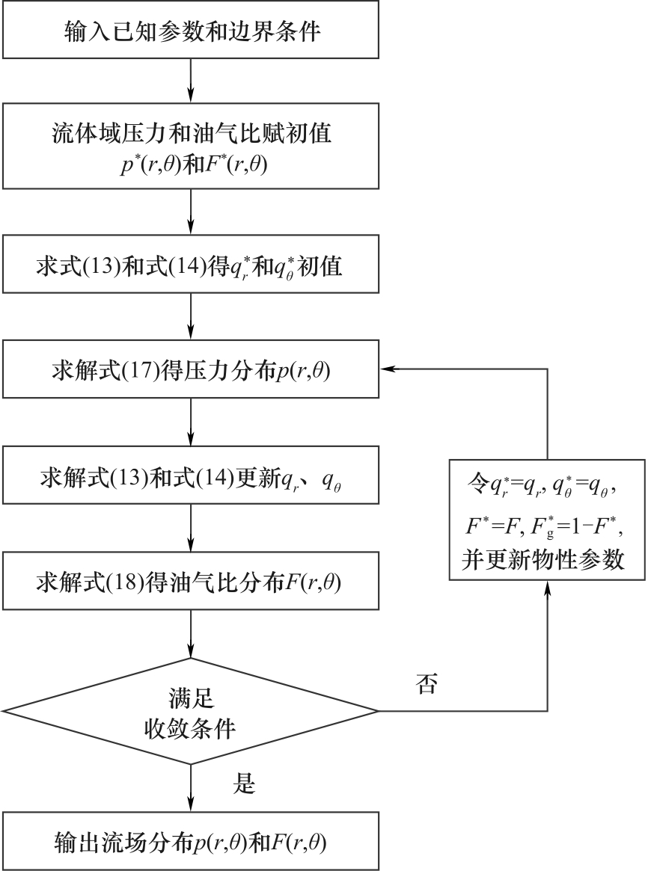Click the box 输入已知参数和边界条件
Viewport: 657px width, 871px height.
192,32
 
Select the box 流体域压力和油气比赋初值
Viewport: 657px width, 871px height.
192,146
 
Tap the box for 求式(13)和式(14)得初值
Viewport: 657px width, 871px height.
192,267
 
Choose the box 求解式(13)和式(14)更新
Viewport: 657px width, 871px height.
192,476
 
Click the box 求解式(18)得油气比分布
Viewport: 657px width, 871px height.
192,582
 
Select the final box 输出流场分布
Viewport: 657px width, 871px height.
192,841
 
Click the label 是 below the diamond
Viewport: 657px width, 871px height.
246,784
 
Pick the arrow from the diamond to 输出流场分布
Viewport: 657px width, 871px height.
192,789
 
